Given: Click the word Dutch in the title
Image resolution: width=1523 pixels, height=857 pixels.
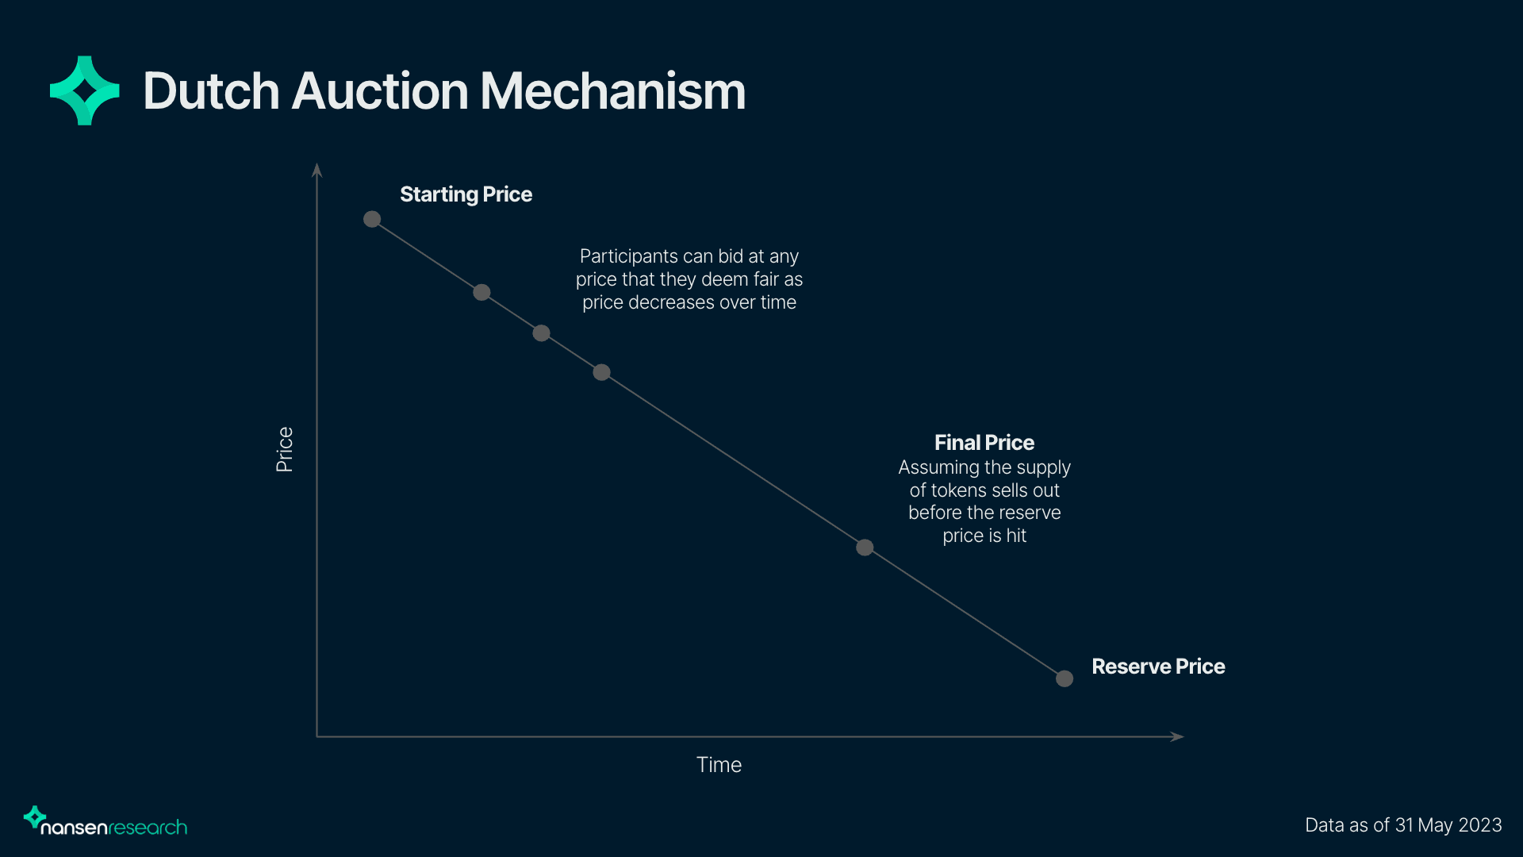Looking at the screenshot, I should [x=211, y=91].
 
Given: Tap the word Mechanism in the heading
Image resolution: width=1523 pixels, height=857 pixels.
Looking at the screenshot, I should [x=612, y=91].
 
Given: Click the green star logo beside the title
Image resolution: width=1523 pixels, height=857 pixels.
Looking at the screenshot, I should [x=85, y=90].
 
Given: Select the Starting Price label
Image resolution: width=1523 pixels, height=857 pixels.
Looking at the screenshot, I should [x=466, y=194].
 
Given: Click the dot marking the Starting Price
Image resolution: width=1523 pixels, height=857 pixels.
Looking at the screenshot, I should [x=372, y=219].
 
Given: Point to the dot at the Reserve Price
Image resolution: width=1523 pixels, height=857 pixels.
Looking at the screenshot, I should [x=1065, y=678].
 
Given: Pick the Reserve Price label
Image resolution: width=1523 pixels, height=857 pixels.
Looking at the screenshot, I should [x=1158, y=667].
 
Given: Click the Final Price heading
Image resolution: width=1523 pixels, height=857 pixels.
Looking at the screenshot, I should [x=984, y=443].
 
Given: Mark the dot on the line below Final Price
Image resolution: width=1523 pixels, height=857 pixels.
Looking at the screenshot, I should [x=865, y=548].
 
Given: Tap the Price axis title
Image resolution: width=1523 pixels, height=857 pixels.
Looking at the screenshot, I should [x=285, y=449].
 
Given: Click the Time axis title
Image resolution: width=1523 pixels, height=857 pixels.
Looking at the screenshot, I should [x=719, y=765].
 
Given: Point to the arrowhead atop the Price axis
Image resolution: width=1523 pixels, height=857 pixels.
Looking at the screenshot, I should [x=317, y=169].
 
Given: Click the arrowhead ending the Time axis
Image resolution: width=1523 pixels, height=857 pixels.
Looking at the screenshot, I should [x=1177, y=736].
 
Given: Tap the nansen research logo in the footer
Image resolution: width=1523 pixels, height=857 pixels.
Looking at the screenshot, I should [x=105, y=823].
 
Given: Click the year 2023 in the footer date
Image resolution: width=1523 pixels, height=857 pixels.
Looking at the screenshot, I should [x=1479, y=825].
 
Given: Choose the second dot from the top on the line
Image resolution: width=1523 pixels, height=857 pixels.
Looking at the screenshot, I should [x=481, y=293].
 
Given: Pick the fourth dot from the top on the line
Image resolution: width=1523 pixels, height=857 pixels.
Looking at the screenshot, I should [x=602, y=372].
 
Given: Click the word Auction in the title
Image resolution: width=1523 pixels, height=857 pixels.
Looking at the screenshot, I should [x=381, y=91].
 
